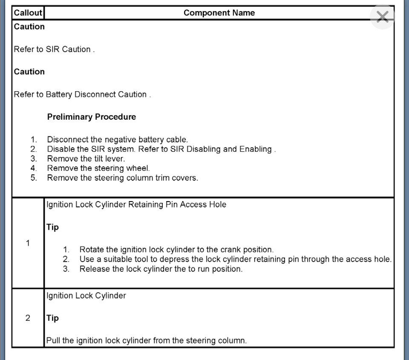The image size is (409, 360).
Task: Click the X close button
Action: [383, 17]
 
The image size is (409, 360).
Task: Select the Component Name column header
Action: [219, 13]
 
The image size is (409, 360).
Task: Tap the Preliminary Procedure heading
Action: [91, 117]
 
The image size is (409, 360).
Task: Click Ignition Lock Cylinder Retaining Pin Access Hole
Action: [136, 204]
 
